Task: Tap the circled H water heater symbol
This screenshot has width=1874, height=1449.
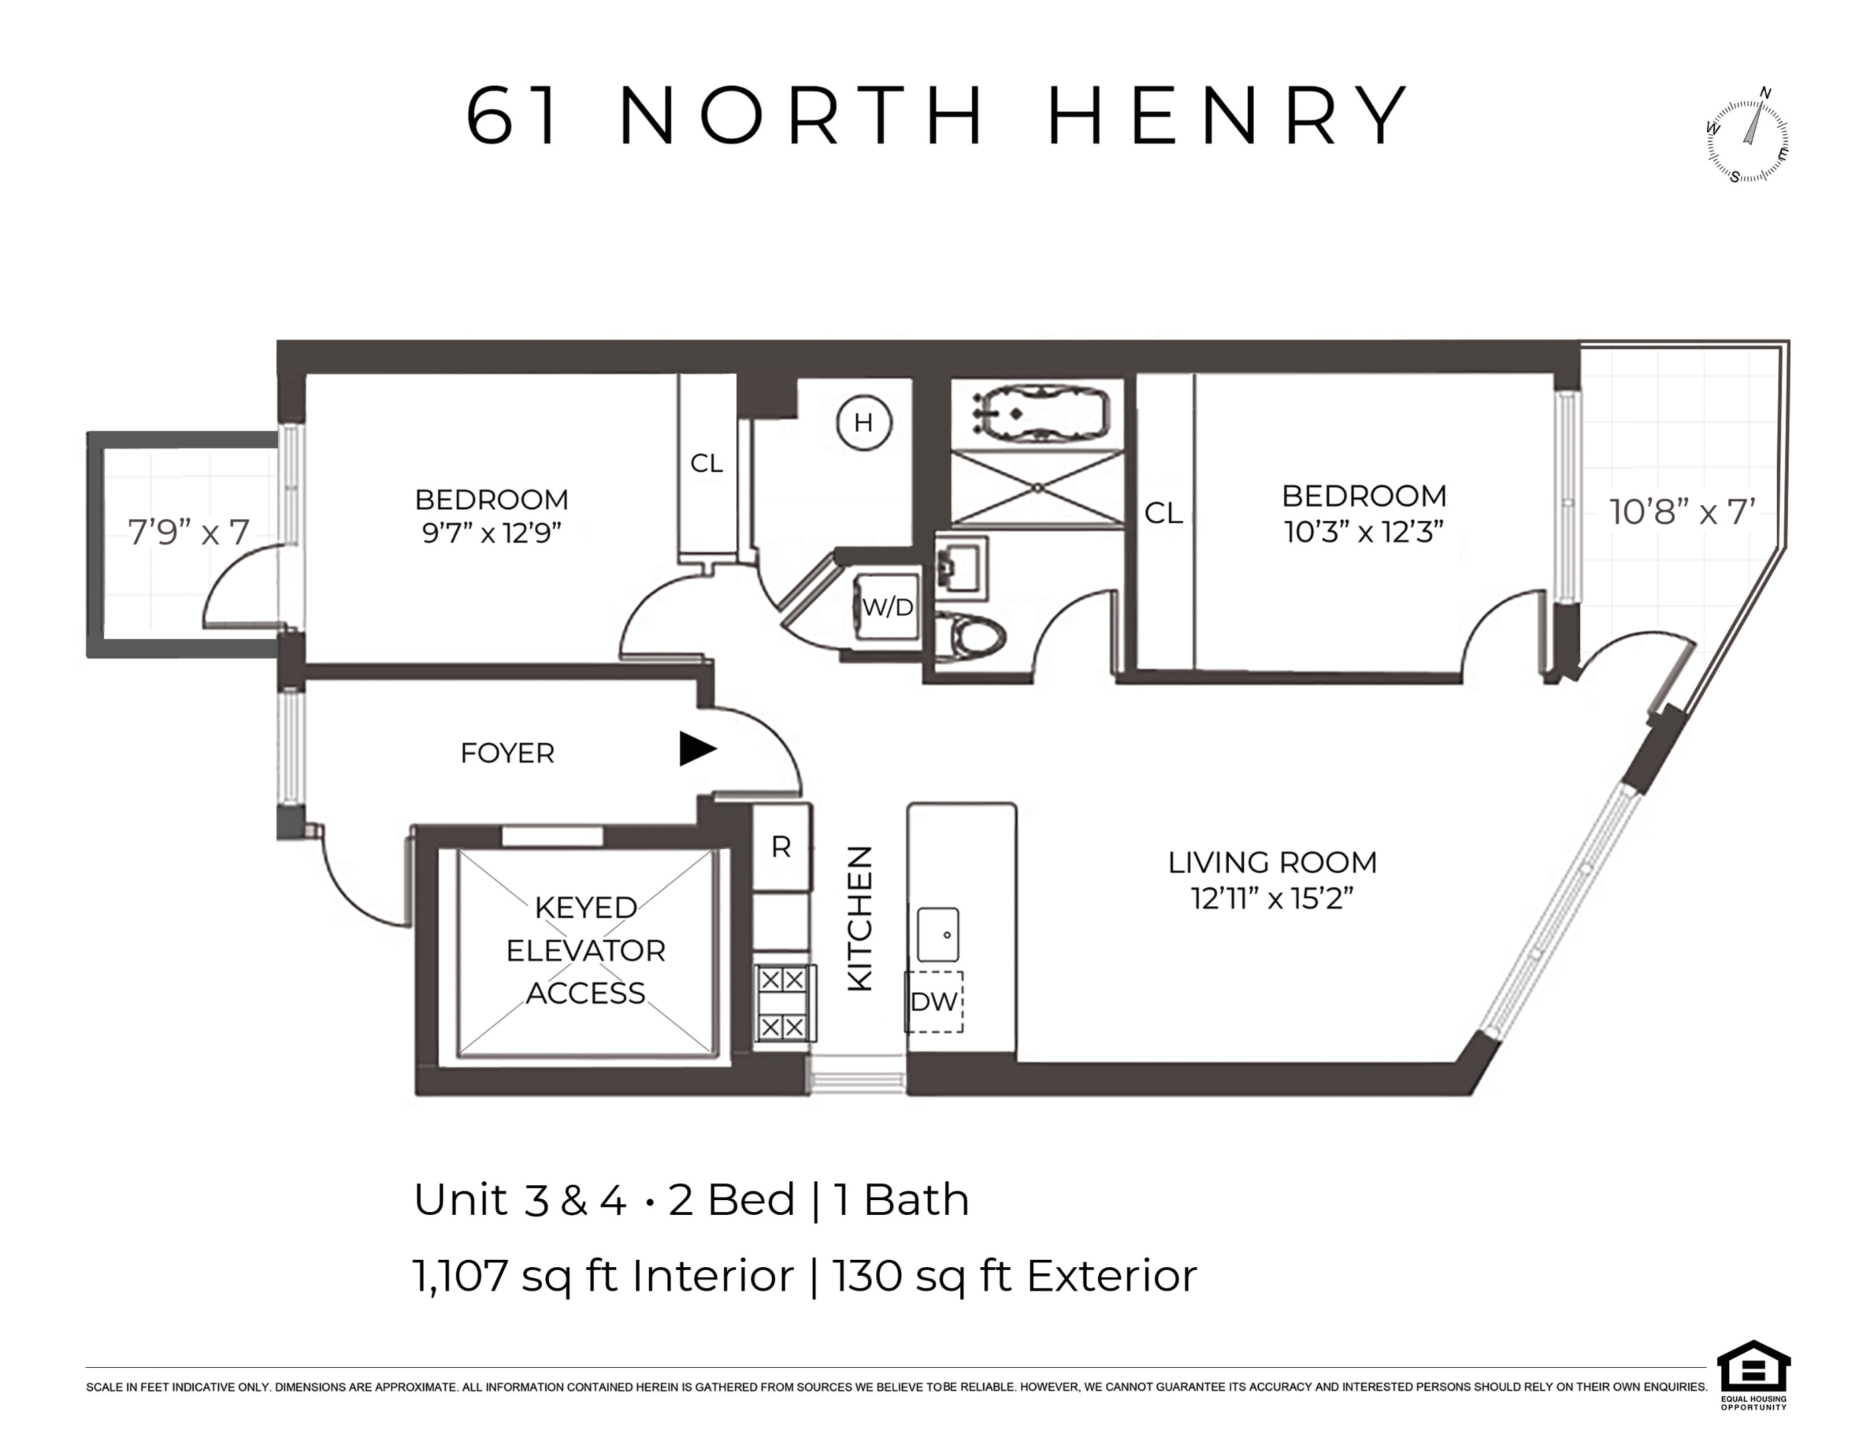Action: pos(863,423)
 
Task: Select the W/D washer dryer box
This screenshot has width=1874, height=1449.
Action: pos(887,607)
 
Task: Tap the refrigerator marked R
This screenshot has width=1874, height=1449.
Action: pos(781,847)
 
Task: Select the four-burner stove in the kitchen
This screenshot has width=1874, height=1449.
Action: pos(783,1004)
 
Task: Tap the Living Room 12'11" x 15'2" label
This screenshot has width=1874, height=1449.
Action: pos(1272,880)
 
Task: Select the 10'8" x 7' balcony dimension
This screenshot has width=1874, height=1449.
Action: pos(1681,513)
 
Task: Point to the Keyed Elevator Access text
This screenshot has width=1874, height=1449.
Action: pos(585,951)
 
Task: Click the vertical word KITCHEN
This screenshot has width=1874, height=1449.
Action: pos(860,918)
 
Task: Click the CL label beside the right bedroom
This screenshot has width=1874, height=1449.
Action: pos(1163,513)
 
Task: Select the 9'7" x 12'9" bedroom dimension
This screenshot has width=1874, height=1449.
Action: pos(491,533)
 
